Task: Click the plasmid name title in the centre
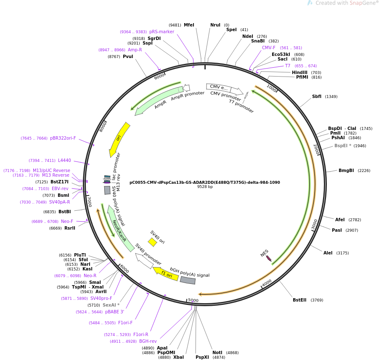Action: tap(204, 183)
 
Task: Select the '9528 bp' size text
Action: tap(204, 187)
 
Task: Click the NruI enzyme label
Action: tap(215, 25)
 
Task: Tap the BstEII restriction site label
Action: tap(300, 300)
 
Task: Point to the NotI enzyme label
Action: tap(217, 352)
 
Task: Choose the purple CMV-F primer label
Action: tap(268, 48)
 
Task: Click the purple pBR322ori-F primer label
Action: tap(63, 138)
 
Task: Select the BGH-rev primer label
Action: tap(148, 341)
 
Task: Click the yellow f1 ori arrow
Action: tap(165, 273)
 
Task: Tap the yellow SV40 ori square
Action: tap(152, 242)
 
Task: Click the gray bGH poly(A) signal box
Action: tap(188, 280)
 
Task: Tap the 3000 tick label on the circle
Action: tap(314, 225)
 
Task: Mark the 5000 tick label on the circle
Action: tap(193, 300)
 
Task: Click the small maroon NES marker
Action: tap(269, 258)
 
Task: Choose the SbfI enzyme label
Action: tap(317, 96)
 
